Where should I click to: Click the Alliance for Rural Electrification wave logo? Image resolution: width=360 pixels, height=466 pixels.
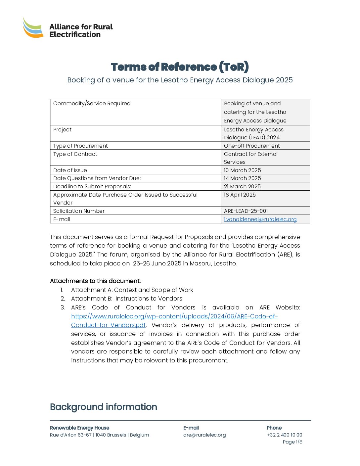[33, 28]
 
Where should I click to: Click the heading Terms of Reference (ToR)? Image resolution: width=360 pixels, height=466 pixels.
[180, 67]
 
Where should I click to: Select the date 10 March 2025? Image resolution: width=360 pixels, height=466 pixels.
[242, 170]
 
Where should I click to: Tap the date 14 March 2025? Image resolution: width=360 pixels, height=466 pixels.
[242, 178]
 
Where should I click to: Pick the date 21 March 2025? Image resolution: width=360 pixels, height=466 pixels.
[242, 186]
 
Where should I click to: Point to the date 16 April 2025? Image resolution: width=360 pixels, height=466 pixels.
[240, 195]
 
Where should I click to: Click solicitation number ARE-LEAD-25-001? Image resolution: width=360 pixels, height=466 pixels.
[246, 211]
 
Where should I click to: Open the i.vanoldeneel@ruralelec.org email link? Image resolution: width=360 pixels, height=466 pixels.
[260, 219]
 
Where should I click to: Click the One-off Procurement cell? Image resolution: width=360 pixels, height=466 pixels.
[252, 146]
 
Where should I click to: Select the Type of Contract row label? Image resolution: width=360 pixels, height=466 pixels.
[75, 154]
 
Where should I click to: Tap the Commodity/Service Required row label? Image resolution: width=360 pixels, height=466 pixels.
[92, 103]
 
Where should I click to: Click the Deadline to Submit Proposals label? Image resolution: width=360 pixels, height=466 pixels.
[92, 186]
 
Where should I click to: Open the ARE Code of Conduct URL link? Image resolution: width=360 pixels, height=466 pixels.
[174, 316]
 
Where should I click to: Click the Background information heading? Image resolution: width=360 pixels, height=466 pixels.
[104, 407]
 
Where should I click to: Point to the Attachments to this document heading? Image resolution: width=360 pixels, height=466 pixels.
[95, 281]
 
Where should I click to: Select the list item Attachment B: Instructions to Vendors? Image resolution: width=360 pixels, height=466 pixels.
[126, 299]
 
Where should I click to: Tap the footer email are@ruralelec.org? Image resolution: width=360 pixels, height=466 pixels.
[204, 435]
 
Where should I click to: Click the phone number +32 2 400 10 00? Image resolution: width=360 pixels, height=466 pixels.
[285, 435]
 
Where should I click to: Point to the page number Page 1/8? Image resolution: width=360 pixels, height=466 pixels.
[292, 442]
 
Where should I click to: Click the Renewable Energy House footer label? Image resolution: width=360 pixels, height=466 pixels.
[79, 428]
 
